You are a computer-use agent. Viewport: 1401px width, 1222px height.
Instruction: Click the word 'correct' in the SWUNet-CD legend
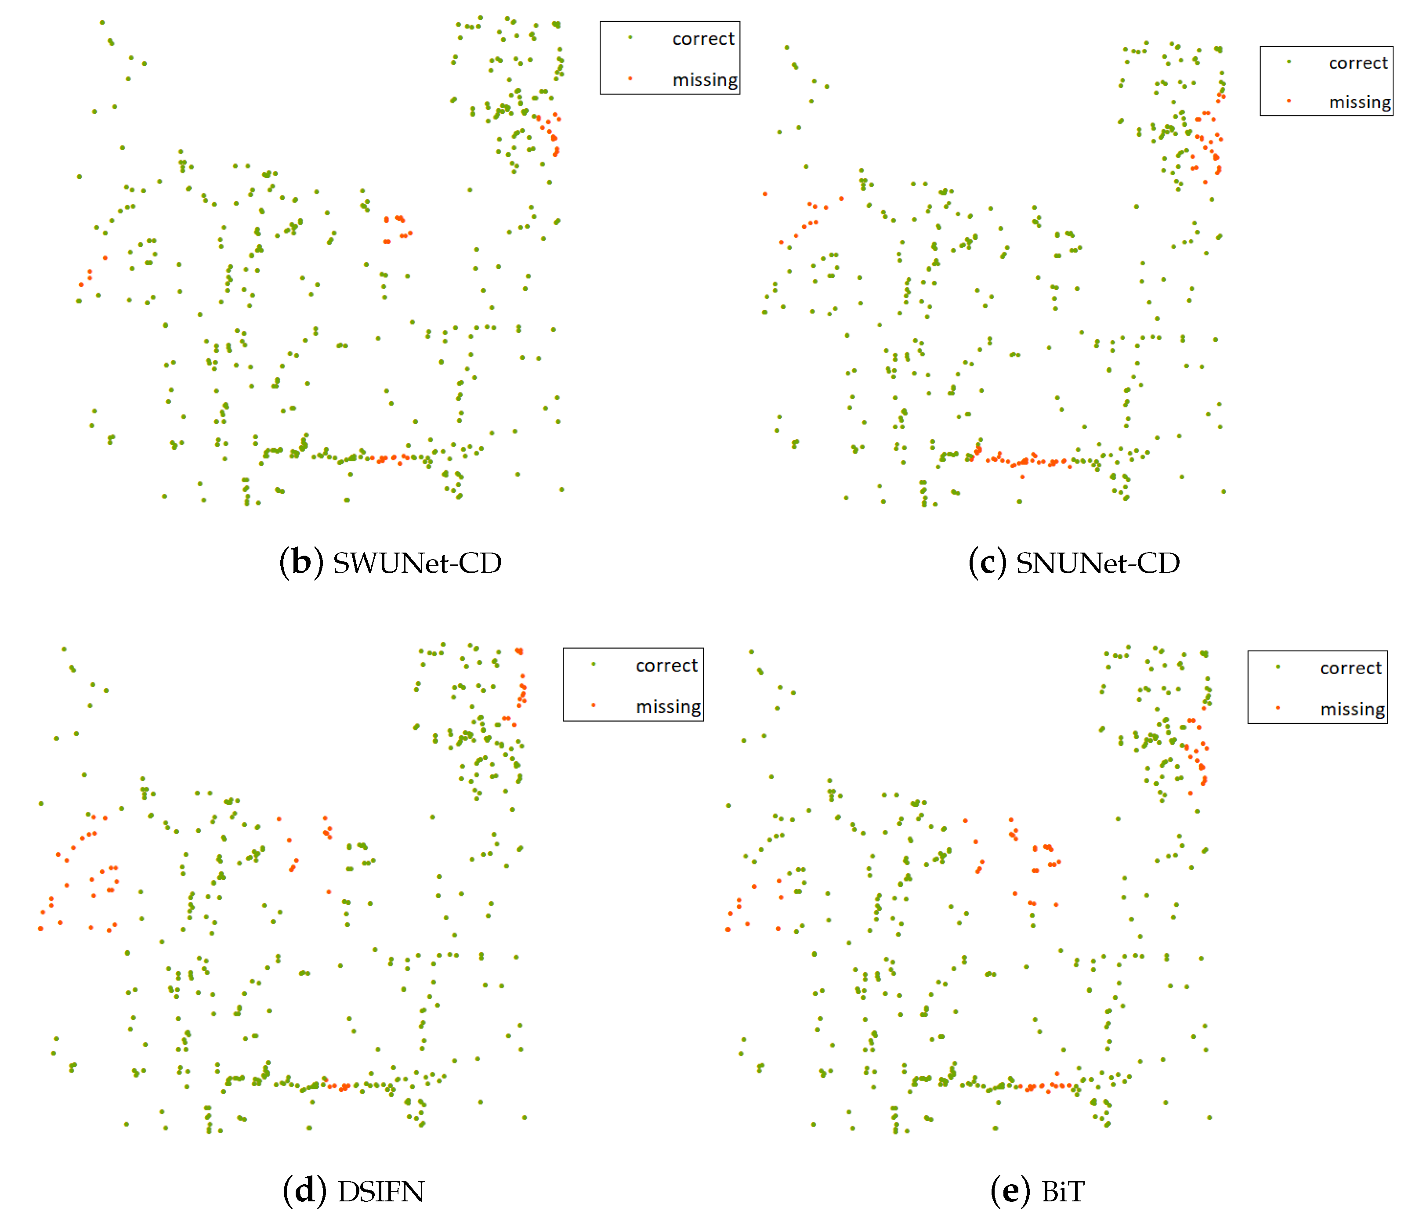click(x=703, y=39)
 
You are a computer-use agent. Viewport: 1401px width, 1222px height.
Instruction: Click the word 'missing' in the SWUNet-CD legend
click(x=705, y=80)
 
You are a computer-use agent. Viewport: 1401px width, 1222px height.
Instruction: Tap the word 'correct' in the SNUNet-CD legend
click(x=1358, y=63)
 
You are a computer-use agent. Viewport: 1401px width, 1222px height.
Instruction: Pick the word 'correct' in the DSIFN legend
click(x=666, y=665)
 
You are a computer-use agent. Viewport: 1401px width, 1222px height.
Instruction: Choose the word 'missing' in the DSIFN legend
click(x=668, y=706)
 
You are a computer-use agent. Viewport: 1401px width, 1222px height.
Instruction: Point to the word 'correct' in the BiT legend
click(x=1350, y=668)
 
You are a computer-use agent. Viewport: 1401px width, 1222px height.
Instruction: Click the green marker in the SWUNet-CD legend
click(x=630, y=37)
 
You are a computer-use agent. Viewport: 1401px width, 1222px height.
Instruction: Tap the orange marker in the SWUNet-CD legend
click(x=630, y=79)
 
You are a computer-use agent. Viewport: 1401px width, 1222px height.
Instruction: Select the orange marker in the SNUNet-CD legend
click(x=1289, y=101)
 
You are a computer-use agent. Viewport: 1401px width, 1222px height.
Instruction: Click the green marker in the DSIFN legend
click(x=594, y=664)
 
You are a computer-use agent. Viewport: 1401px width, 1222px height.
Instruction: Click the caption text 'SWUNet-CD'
click(x=417, y=563)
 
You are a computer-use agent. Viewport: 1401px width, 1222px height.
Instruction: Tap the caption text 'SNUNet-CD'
click(x=1097, y=563)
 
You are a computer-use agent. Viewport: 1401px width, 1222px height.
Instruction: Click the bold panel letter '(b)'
click(x=301, y=563)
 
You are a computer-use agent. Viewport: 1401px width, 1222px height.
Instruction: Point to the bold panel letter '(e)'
click(x=1010, y=1191)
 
